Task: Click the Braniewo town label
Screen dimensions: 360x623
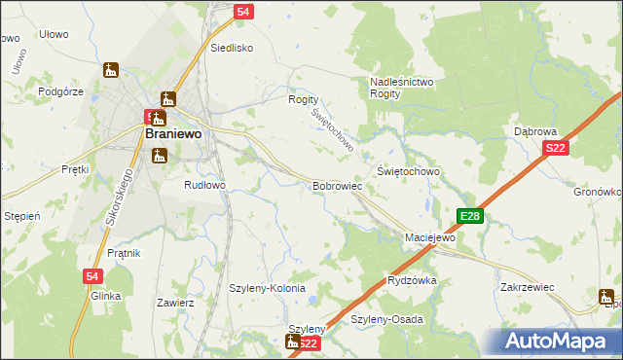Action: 172,135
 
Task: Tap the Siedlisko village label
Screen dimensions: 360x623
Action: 232,47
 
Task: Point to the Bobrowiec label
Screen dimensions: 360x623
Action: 338,184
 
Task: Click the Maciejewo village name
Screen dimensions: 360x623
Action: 430,237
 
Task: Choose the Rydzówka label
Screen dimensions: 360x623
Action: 412,279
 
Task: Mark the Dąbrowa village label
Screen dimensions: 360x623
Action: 534,130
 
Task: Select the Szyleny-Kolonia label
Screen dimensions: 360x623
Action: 267,289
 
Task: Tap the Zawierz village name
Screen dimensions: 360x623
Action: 176,303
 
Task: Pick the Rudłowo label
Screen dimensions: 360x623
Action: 205,184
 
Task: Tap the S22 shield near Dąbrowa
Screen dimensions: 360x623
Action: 555,148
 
